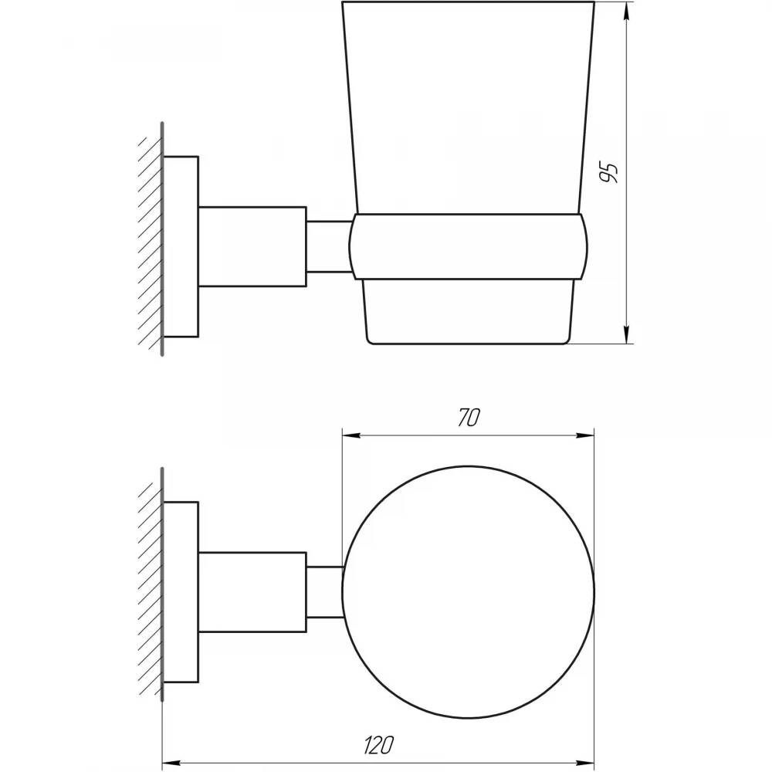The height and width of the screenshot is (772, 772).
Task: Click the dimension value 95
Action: point(609,172)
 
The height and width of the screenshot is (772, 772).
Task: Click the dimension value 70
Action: point(469,418)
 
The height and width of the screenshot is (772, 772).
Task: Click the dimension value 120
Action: point(379,745)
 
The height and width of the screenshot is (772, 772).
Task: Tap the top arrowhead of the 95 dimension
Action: point(626,11)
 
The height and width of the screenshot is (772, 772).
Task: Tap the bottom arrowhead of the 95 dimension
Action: point(626,335)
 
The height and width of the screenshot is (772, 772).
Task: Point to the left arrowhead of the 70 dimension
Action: point(351,435)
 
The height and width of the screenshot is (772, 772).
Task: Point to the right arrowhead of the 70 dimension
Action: point(585,435)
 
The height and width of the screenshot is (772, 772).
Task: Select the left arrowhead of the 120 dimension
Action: point(171,763)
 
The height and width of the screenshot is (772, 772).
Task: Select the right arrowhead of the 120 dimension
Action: point(585,763)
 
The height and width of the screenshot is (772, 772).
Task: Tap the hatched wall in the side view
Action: point(151,239)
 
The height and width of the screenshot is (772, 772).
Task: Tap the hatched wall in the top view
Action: point(151,584)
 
